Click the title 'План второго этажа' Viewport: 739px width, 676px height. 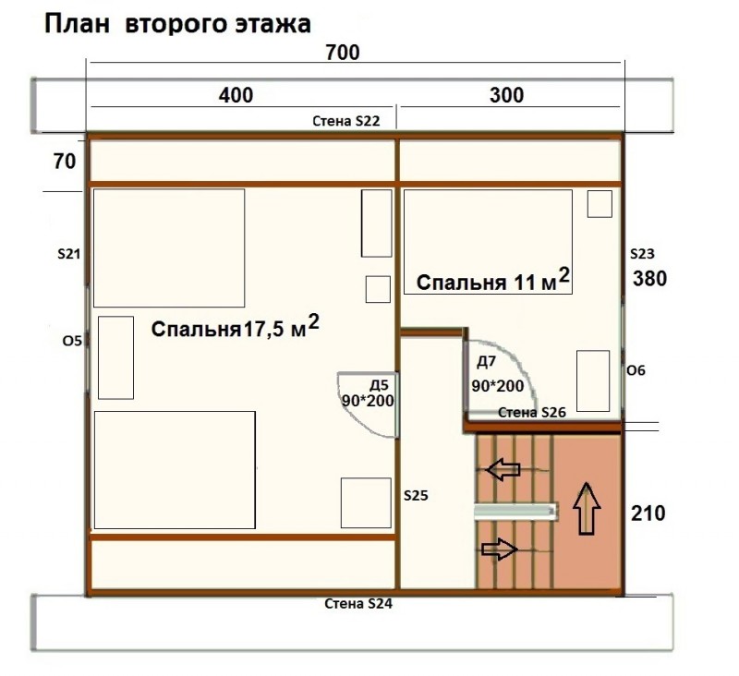tap(177, 24)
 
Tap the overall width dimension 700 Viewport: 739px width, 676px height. tap(343, 53)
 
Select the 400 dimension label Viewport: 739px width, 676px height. tap(236, 95)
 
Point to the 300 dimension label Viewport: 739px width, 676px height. tap(506, 95)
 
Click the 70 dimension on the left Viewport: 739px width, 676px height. tap(65, 162)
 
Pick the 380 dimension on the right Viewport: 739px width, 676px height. tap(649, 279)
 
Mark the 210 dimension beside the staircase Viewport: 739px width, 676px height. tap(648, 513)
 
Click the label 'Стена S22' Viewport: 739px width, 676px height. tap(345, 121)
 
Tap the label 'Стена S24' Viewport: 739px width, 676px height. tap(358, 603)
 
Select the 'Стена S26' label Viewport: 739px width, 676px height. tap(532, 413)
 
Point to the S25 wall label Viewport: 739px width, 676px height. tap(416, 495)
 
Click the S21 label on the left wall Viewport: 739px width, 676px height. tap(68, 254)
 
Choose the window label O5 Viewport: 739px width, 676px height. tap(72, 341)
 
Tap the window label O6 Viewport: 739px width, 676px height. tap(636, 370)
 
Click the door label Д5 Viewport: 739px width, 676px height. tap(379, 385)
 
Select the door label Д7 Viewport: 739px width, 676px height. tap(487, 362)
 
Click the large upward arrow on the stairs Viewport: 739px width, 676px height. tap(587, 508)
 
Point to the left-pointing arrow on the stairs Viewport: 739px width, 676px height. tap(503, 470)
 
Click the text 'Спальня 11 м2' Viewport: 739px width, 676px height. tap(493, 280)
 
